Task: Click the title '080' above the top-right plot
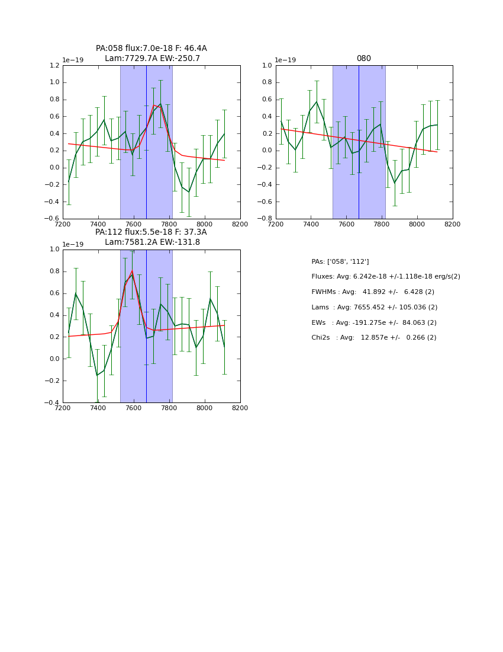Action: (363, 59)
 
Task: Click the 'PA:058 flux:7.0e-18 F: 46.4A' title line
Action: (151, 49)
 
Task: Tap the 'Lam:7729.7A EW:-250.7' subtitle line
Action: (152, 59)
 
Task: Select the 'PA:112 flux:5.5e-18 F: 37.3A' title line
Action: (151, 232)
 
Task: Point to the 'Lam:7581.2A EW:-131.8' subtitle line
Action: (152, 242)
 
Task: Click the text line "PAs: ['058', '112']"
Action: (340, 261)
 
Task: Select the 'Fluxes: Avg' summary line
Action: (385, 277)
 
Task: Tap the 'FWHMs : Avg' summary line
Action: (373, 292)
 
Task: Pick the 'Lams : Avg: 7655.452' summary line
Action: (374, 307)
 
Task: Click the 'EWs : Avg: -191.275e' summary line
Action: (374, 322)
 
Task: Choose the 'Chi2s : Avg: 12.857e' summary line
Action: (374, 338)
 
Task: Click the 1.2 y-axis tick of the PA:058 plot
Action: (54, 66)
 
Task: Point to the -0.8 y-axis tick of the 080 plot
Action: (265, 219)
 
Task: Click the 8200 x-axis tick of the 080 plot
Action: (453, 224)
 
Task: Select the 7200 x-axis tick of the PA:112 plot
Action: (63, 408)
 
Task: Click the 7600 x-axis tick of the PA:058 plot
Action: (134, 224)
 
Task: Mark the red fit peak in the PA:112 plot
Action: (132, 271)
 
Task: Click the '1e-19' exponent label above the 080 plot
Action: (286, 60)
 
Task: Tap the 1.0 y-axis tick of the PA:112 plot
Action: (54, 250)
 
